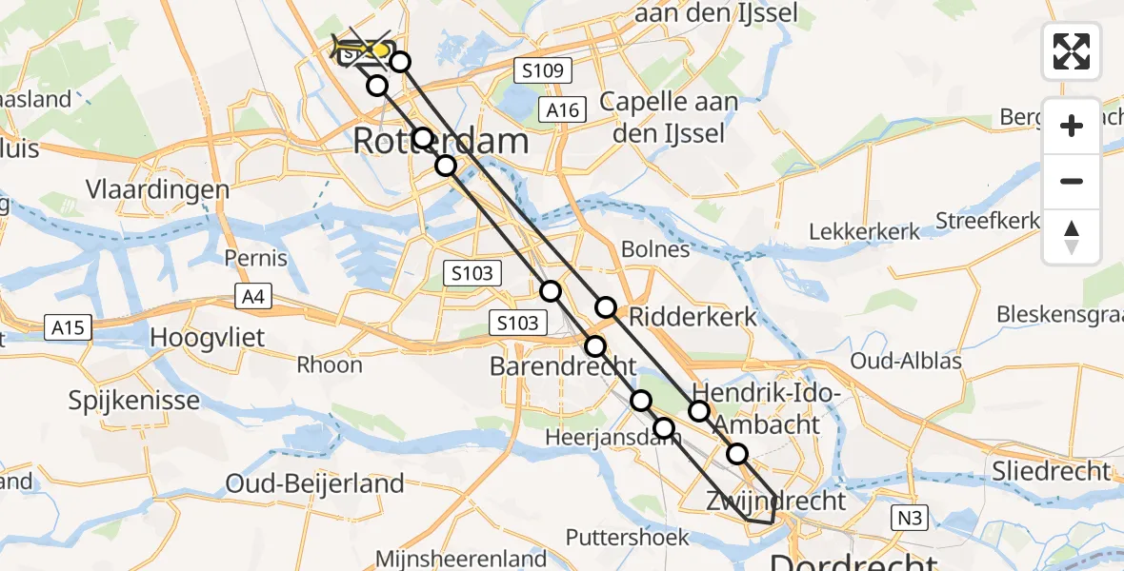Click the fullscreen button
1072,51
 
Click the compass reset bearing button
1072,237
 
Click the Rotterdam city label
440,142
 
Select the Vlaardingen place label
158,188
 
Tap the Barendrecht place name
563,365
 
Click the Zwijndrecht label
775,501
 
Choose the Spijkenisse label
133,400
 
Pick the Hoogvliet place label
209,338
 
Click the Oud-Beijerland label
315,483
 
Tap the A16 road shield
562,110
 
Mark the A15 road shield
69,328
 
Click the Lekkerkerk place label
865,231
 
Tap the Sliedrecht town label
1051,470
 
